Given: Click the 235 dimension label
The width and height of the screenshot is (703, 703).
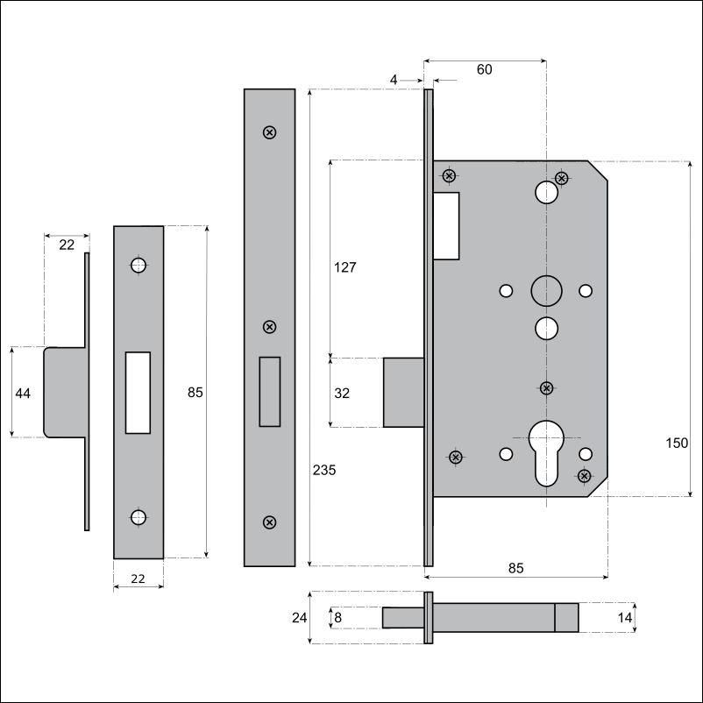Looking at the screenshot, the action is pos(324,470).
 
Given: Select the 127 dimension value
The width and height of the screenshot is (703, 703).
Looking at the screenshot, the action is pos(344,267).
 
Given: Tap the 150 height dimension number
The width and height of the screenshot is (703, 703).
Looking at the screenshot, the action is pos(677,443).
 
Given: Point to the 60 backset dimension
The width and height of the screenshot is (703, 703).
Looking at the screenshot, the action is pos(484,69).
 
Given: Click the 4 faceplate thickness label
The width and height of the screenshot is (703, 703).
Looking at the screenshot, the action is pos(394,80).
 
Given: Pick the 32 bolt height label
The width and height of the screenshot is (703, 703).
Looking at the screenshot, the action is pos(342,394).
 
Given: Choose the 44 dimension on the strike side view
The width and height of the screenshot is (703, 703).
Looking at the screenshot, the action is pos(23,394).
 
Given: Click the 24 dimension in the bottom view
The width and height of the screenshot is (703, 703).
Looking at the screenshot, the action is pos(299,618).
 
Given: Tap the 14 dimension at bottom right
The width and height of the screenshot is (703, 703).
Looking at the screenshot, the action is pos(624,618).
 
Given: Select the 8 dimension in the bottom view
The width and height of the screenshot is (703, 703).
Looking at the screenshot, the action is pos(338,618).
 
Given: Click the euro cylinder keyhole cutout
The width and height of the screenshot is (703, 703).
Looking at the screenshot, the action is pos(546,453).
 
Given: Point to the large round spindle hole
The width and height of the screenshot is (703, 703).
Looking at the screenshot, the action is pos(546,290).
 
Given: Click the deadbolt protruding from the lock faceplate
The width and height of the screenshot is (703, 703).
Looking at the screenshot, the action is pos(403,393).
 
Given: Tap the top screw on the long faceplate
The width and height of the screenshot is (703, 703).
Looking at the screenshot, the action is pos(269,132).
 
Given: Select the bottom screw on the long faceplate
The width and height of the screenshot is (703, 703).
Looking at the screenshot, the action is pos(269,522).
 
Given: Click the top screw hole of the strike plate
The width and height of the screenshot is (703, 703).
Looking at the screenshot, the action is pos(138,265).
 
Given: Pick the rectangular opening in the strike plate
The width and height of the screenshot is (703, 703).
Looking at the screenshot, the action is pos(138,393).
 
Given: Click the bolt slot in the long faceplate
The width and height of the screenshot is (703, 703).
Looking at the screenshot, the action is pos(269,392).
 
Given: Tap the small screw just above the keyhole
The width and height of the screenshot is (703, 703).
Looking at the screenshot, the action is pos(546,387).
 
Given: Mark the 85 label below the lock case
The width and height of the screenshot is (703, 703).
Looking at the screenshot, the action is pos(516,568).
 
